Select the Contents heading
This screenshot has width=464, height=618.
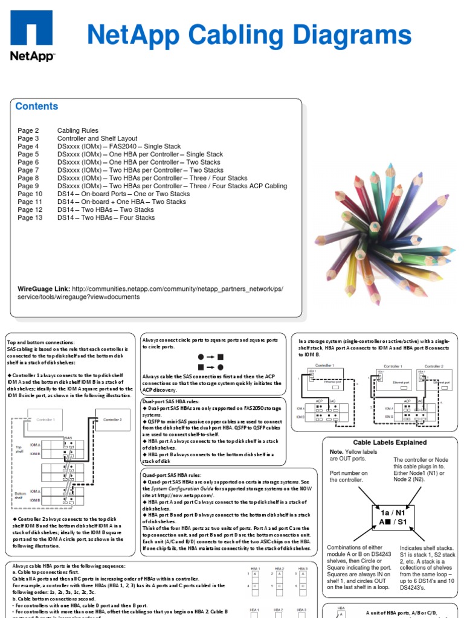37,107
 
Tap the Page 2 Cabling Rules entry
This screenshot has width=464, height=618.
59,130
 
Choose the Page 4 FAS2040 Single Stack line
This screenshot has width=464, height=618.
99,147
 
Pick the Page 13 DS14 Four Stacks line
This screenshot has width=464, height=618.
86,218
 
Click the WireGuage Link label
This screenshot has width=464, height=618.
43,289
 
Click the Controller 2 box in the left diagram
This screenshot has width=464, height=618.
112,419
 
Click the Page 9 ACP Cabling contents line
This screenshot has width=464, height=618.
152,186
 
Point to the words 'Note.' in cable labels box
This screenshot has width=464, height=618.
337,451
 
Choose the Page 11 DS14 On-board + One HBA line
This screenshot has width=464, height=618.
101,202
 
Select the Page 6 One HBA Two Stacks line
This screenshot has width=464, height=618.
119,162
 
